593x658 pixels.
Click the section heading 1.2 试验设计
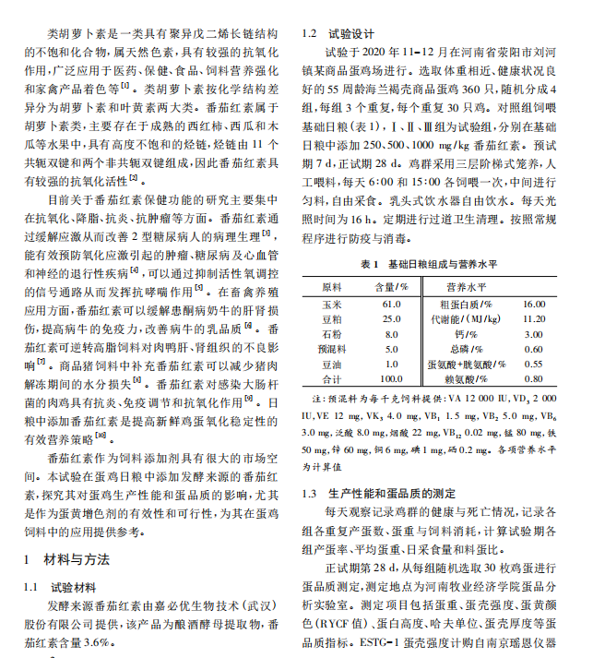337,34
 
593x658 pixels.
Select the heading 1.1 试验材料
58,587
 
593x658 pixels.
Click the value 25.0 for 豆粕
391,319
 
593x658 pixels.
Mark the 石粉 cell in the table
331,334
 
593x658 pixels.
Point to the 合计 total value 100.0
391,378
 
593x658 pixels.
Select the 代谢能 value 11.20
533,319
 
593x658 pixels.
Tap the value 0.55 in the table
533,364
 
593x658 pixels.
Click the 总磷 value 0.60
533,349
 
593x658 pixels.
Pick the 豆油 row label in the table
331,364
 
